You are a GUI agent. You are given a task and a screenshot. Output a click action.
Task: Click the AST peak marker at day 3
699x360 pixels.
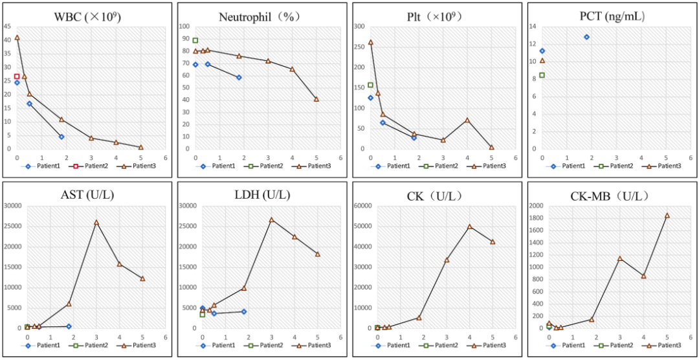(96, 222)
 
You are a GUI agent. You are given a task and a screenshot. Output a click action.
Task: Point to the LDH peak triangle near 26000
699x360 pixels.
(271, 219)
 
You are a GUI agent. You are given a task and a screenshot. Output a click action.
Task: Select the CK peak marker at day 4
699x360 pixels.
(469, 227)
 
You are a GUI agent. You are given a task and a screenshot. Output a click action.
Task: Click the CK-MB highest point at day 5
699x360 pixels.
(667, 216)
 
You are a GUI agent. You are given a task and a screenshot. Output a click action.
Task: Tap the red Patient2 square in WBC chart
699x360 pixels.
(17, 76)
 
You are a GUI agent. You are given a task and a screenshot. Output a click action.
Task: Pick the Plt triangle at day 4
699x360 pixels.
(467, 120)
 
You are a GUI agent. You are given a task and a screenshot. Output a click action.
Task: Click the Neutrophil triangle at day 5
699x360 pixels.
(316, 99)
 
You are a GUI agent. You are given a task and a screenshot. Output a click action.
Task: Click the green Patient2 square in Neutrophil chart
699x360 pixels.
(195, 40)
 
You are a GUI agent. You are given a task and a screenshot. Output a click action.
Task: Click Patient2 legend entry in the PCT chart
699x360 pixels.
(610, 166)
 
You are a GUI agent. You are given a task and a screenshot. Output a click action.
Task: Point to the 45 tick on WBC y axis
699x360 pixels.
(6, 27)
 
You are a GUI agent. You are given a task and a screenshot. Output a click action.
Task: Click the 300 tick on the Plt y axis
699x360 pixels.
(357, 27)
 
